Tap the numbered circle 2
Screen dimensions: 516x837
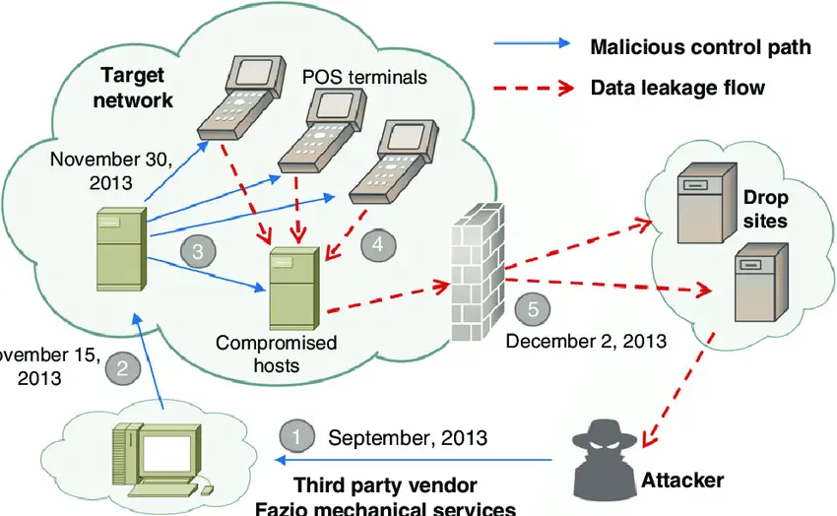[122, 369]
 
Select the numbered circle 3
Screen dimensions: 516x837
[197, 252]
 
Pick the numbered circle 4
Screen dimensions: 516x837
[377, 246]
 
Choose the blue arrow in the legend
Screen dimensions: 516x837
[532, 44]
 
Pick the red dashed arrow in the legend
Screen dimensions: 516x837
[532, 88]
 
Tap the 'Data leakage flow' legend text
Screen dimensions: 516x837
[676, 88]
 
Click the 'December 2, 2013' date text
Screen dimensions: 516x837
[585, 342]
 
